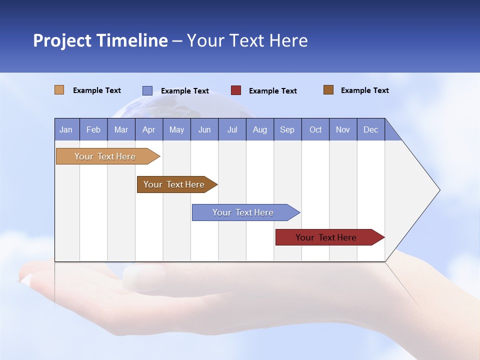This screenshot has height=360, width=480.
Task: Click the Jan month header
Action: pos(66,129)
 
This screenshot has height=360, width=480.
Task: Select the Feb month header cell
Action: pos(93,129)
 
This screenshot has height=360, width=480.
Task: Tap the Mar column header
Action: pos(121,129)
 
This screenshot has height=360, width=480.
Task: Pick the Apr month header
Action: pos(149,129)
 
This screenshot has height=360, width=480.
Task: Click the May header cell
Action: pos(176,129)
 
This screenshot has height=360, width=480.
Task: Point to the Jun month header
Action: pos(204,129)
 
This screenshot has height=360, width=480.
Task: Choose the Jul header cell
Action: pos(232,129)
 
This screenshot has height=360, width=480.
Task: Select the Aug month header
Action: pos(260,129)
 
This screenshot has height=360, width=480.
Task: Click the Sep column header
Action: pos(287,129)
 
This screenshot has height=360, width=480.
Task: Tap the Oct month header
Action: pos(315,129)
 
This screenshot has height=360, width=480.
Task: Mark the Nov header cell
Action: pos(343,129)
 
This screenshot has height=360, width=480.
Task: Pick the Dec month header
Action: pos(371,129)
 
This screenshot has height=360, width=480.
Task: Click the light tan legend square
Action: pos(59,90)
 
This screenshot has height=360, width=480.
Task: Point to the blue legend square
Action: pos(147,90)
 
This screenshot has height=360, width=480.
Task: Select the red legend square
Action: pos(236,90)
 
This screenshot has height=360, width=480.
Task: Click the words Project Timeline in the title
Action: pos(100,40)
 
